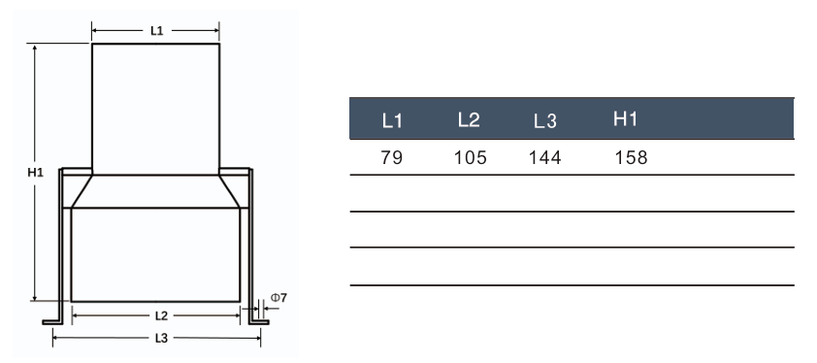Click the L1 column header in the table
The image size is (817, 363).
(392, 121)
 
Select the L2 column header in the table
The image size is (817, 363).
(469, 120)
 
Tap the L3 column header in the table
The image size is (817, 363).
(545, 121)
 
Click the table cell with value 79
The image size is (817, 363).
(391, 156)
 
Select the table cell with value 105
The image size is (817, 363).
(470, 156)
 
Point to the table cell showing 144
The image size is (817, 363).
(546, 156)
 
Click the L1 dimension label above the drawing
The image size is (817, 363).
(156, 31)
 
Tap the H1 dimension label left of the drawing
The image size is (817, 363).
(35, 173)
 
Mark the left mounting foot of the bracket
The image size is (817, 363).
(52, 321)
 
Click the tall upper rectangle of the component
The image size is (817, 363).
(155, 107)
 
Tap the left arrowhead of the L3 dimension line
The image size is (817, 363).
(55, 338)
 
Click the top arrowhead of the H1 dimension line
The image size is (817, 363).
(35, 48)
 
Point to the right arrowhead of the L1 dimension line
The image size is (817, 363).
(215, 31)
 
